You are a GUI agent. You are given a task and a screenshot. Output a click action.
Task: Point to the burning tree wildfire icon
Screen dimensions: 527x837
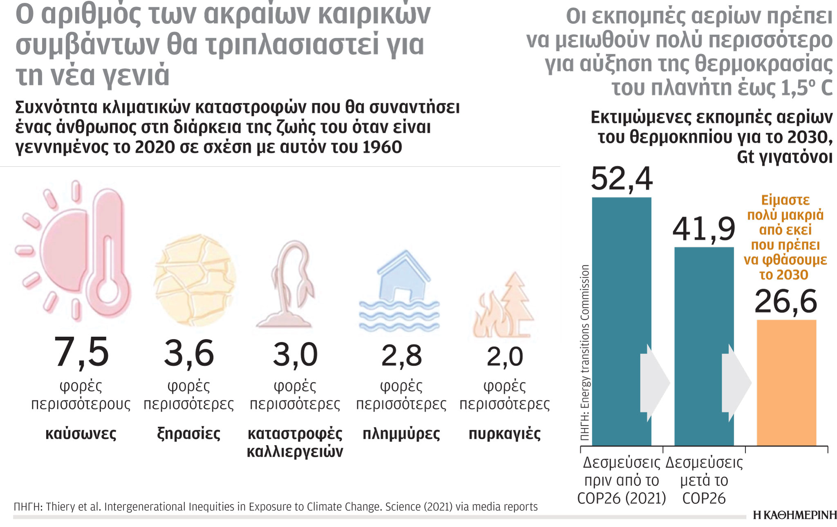point(504,307)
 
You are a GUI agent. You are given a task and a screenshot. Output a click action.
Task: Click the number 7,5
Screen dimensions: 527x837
point(81,352)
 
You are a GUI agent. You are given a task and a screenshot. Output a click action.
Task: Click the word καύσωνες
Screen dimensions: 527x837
point(81,433)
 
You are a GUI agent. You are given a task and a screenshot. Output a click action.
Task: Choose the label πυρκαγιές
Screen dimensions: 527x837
point(504,433)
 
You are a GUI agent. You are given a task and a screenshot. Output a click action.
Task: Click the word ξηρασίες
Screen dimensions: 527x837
point(188,433)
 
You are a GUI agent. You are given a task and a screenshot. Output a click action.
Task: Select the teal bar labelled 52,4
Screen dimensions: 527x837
point(621,286)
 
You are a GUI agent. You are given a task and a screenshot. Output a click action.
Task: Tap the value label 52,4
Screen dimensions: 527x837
point(622,179)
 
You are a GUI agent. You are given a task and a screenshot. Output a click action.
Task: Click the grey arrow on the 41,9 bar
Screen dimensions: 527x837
point(736,383)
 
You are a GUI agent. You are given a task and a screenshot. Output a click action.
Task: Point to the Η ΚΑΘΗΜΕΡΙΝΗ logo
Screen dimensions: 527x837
point(794,515)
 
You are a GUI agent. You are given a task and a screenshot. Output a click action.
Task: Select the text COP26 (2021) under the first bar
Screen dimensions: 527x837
point(622,498)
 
